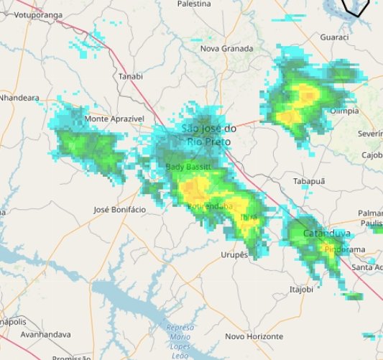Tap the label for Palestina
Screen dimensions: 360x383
click(x=193, y=4)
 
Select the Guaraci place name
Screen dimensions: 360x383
click(x=334, y=37)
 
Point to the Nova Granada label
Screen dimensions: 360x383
click(x=226, y=49)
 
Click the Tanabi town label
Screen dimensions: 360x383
click(x=131, y=76)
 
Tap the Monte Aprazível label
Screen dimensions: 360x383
click(x=115, y=118)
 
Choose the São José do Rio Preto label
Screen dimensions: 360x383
click(x=208, y=135)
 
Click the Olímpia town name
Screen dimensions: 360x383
click(x=343, y=111)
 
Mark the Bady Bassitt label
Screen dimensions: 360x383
click(x=188, y=167)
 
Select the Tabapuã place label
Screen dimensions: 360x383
click(x=309, y=181)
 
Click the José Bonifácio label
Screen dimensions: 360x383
click(x=120, y=209)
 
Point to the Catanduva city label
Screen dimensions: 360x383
click(x=327, y=234)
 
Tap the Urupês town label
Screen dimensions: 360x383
click(x=234, y=254)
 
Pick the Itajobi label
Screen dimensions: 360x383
click(x=302, y=289)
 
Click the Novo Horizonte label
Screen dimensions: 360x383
click(x=254, y=336)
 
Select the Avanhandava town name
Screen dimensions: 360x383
click(x=45, y=335)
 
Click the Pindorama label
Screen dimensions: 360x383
click(x=346, y=249)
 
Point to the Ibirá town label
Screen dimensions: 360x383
click(x=248, y=216)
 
